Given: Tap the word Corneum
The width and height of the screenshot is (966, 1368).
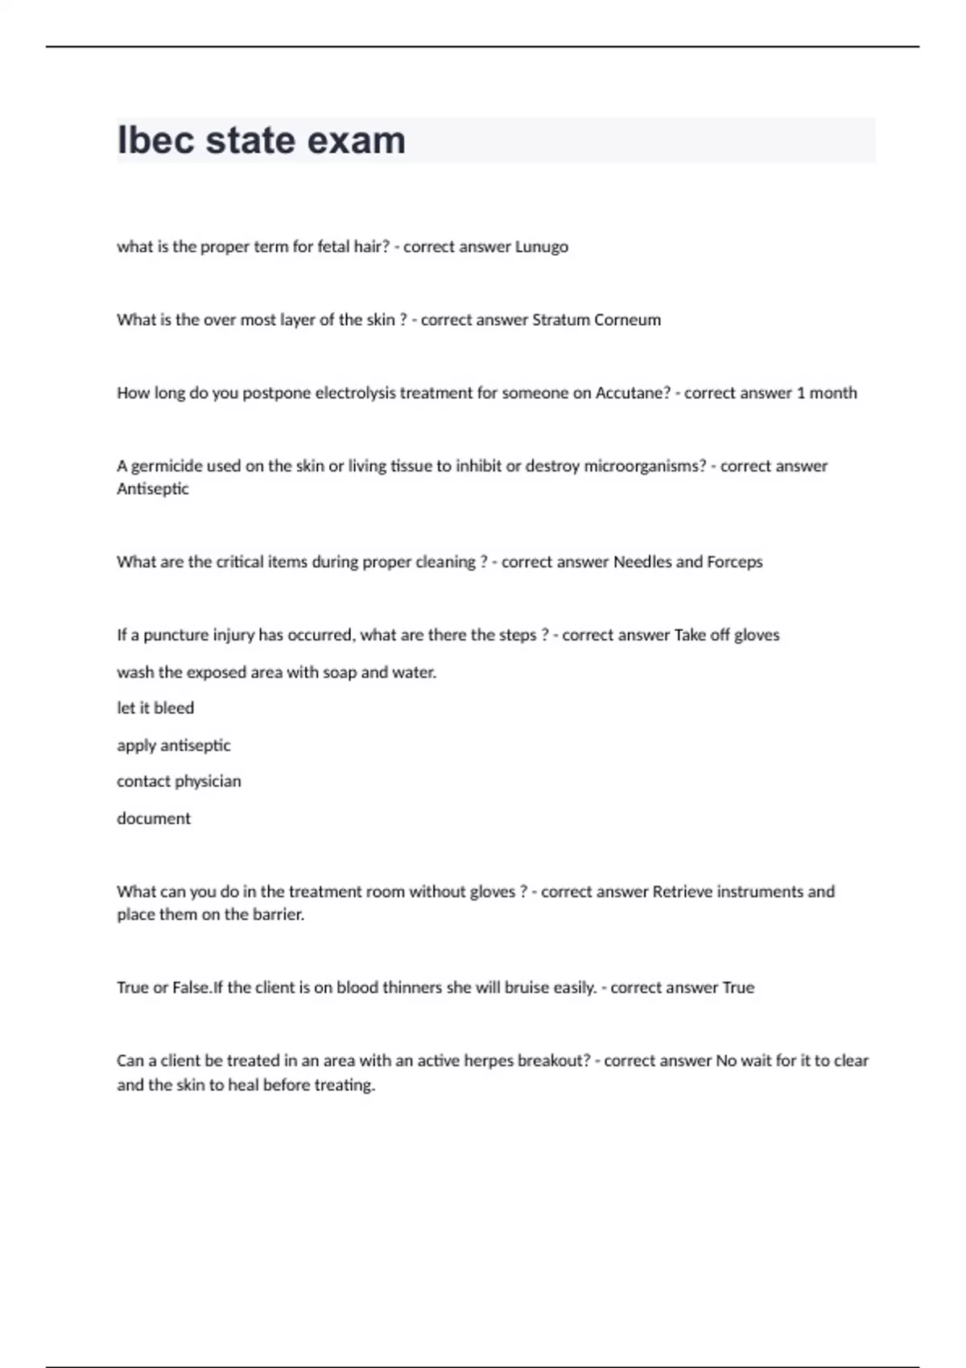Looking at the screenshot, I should (627, 319).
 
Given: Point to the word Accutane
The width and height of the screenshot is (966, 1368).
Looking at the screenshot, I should (632, 393).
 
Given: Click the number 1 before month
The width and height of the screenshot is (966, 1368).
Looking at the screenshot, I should (800, 393).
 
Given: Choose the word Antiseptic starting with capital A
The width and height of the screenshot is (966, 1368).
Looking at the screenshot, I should (153, 488).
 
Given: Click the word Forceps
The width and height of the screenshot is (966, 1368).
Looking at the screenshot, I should (734, 562).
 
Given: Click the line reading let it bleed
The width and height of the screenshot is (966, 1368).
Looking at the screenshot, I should (155, 708).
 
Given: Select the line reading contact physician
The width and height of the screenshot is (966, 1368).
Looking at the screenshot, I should (179, 781).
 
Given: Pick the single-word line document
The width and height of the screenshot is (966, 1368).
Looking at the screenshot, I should (154, 818).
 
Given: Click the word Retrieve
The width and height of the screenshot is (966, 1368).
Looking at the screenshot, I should (682, 892).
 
